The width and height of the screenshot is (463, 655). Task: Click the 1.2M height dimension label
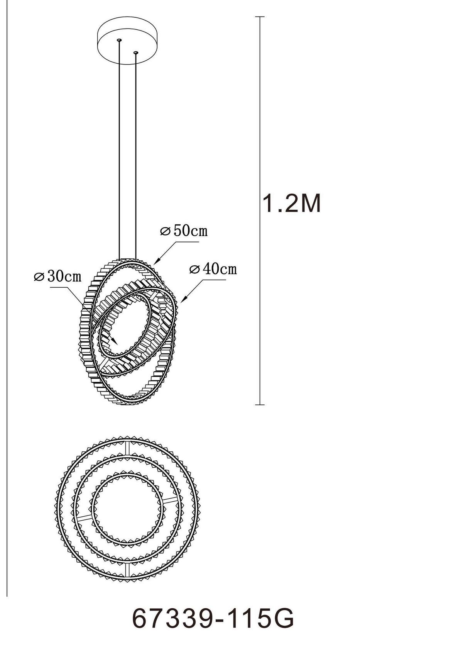[x=292, y=203]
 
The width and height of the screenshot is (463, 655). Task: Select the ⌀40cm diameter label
[x=213, y=269]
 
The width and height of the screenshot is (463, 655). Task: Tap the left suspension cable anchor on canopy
[x=120, y=40]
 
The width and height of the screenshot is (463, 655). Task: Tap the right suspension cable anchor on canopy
[x=135, y=52]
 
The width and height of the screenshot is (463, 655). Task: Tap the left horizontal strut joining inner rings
[x=84, y=517]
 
